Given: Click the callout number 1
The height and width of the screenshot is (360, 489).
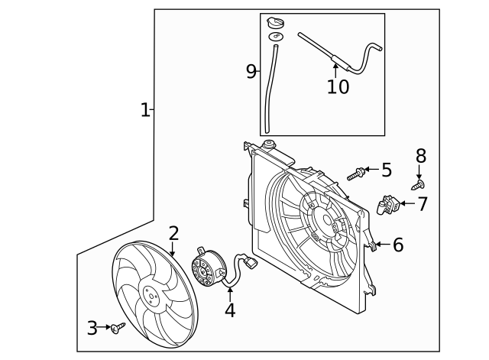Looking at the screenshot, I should pyautogui.click(x=144, y=110).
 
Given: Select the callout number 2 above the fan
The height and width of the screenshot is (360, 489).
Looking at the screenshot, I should pyautogui.click(x=173, y=233).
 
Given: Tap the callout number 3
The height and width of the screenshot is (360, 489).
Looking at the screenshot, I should pyautogui.click(x=92, y=329).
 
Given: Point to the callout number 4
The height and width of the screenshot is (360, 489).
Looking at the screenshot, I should pyautogui.click(x=230, y=310).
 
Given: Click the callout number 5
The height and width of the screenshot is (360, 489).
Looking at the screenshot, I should pyautogui.click(x=386, y=170).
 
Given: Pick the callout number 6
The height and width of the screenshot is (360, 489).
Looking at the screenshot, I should pyautogui.click(x=397, y=245).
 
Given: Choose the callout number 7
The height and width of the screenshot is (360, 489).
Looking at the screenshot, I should pyautogui.click(x=422, y=204).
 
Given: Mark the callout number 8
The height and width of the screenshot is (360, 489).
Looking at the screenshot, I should pyautogui.click(x=420, y=156).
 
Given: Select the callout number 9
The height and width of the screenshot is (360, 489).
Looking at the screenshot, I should pyautogui.click(x=251, y=72).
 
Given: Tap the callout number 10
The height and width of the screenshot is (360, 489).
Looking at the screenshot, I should pyautogui.click(x=338, y=86).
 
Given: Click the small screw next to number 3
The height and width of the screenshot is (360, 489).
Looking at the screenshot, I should pyautogui.click(x=117, y=328).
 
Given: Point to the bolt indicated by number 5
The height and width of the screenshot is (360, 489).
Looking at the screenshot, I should pyautogui.click(x=355, y=175).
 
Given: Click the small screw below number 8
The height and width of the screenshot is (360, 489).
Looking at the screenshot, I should pyautogui.click(x=418, y=184).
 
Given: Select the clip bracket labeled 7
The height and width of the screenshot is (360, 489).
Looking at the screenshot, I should pyautogui.click(x=390, y=205).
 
